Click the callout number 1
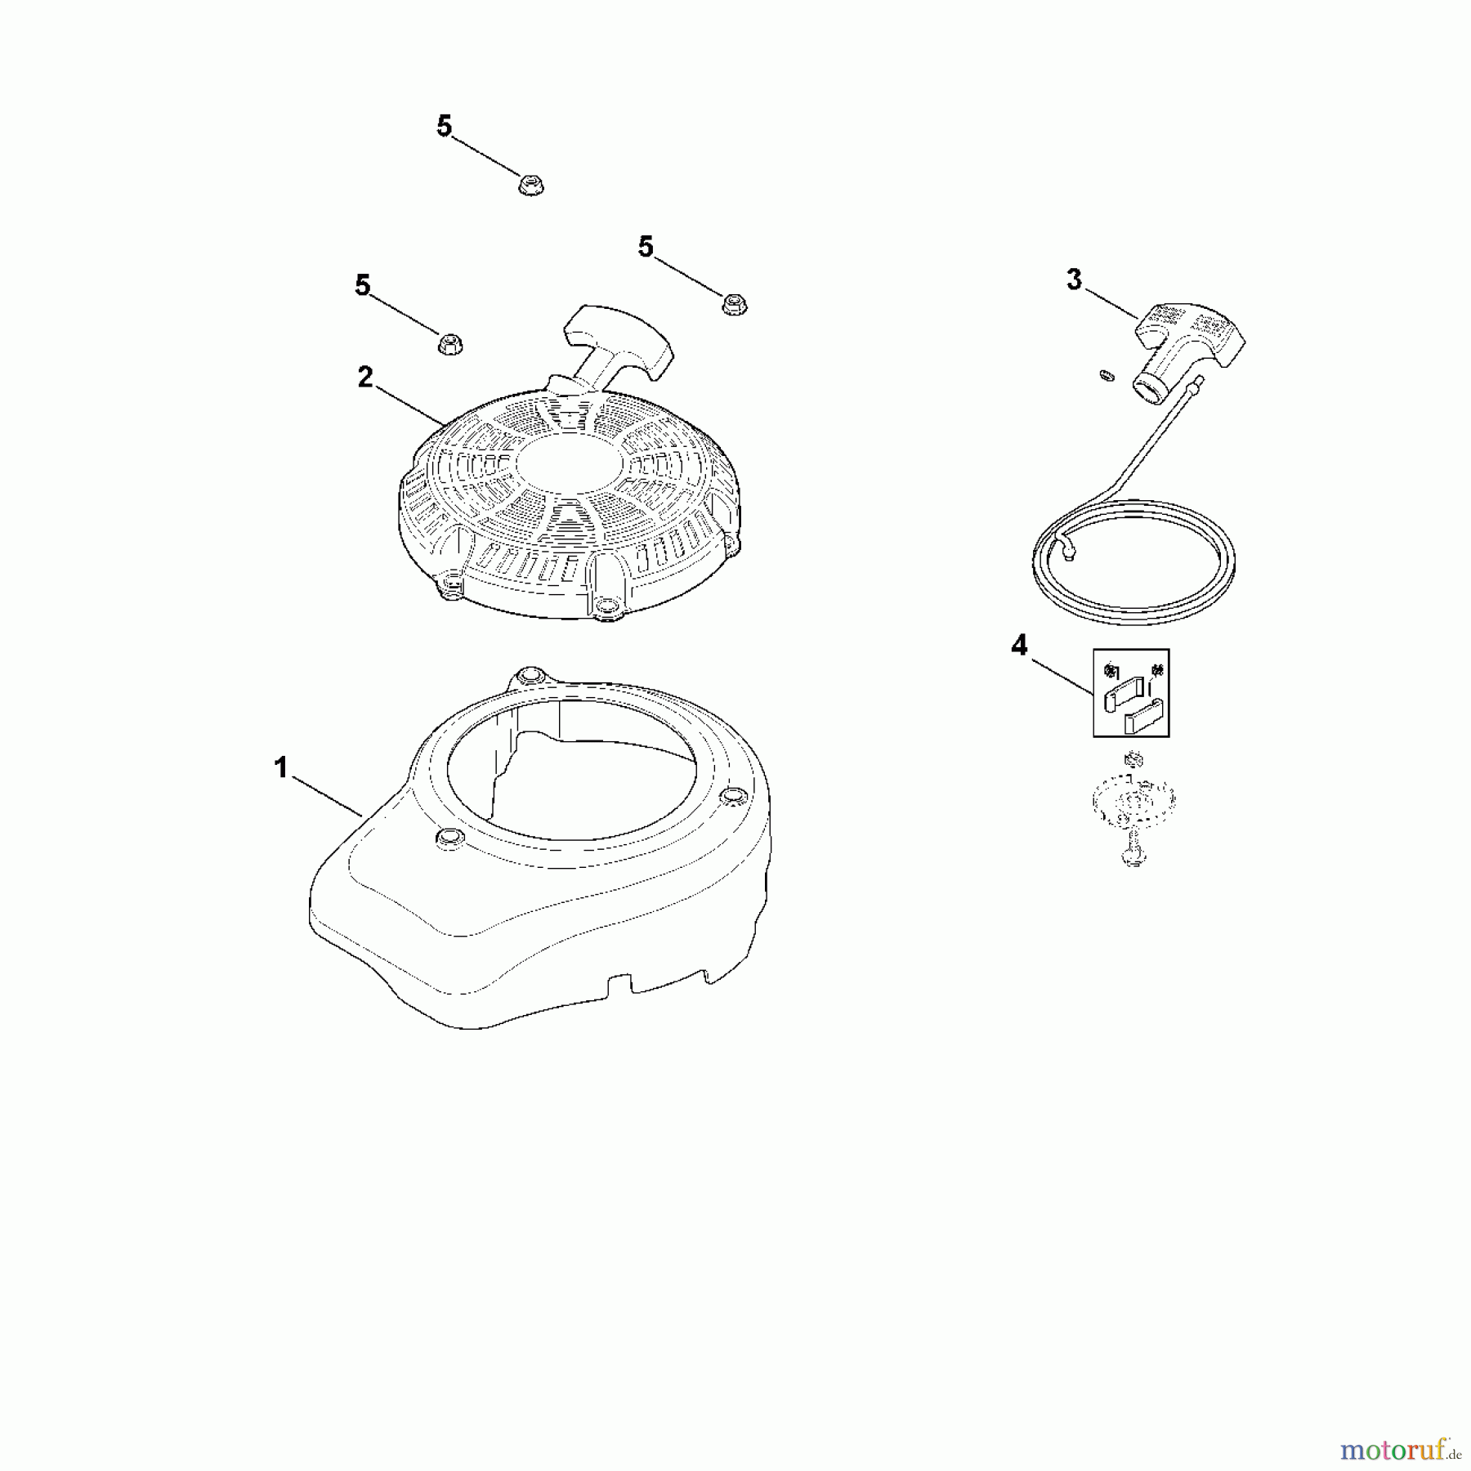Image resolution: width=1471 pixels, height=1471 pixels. coord(281,768)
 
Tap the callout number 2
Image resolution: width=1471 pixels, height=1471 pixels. coord(364,377)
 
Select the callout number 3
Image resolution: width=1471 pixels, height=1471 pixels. coord(1074,279)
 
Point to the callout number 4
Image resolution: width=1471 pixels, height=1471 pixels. coord(1018,646)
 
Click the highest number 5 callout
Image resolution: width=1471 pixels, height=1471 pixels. coord(444,127)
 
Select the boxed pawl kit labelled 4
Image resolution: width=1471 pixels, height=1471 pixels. coord(1131,693)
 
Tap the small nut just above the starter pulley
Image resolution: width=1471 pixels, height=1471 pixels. coord(1132,760)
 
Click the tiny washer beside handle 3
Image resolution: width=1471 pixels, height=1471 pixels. coord(1105,374)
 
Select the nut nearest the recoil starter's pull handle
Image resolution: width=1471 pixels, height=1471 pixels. coord(733,305)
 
